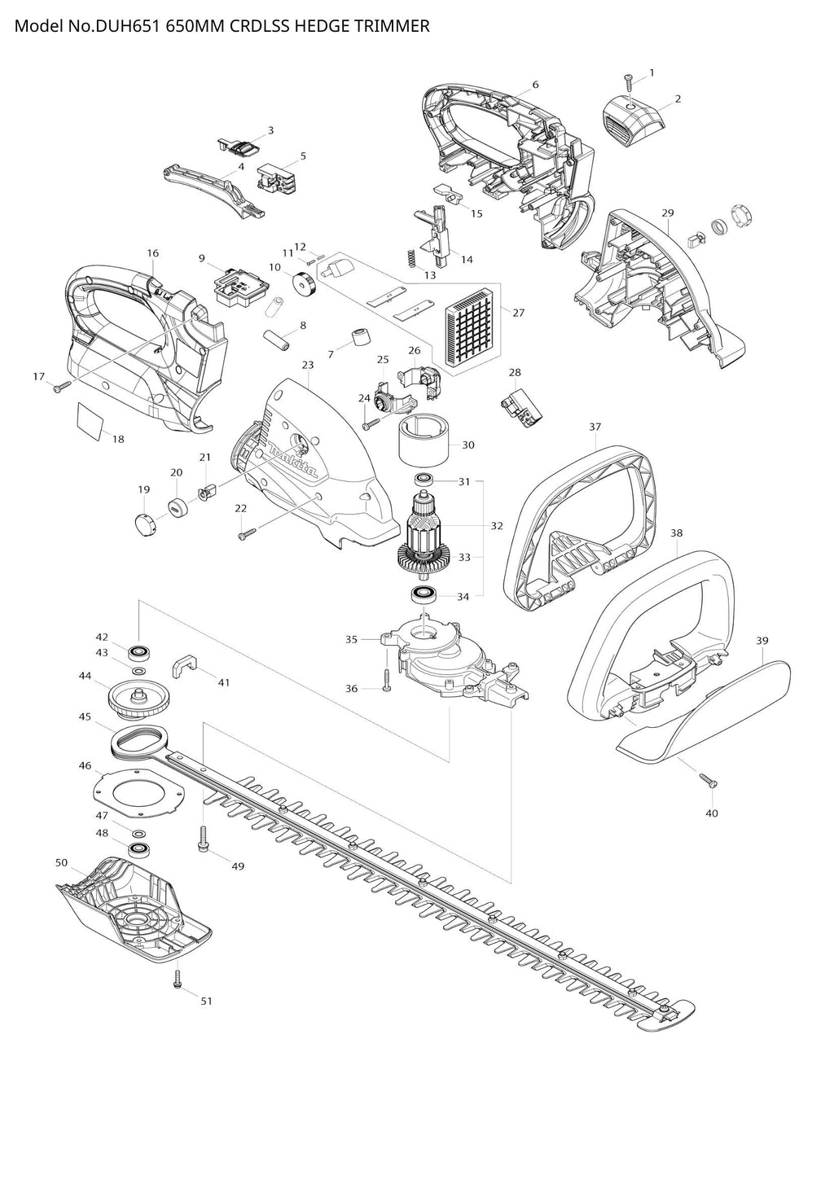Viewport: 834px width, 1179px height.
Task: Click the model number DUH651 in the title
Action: tap(128, 26)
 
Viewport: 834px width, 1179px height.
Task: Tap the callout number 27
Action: tap(519, 313)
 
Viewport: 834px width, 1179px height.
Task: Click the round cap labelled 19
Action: tap(143, 524)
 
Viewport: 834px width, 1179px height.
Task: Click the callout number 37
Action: tap(595, 427)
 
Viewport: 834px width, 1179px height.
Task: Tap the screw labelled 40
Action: tap(708, 779)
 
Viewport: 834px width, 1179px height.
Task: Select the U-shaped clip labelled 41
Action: tap(184, 666)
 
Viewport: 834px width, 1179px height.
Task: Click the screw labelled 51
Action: tap(178, 980)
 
